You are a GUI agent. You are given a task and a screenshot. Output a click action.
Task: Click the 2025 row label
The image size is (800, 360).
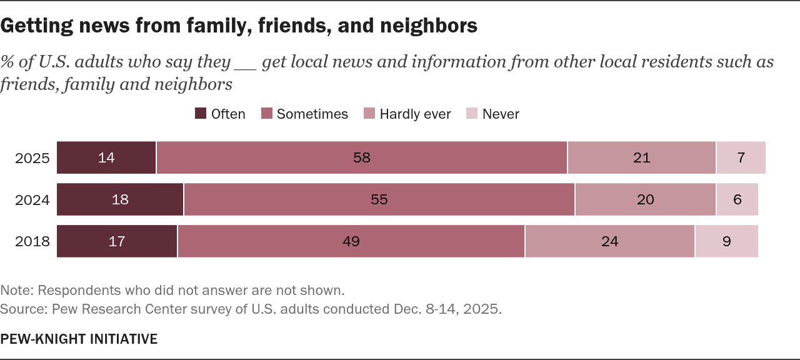click(32, 157)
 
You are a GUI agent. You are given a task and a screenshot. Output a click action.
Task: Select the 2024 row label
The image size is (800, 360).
click(32, 199)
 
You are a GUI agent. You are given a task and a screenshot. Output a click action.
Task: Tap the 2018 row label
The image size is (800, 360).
click(32, 241)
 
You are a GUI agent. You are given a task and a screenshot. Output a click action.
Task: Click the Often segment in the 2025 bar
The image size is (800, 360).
click(106, 157)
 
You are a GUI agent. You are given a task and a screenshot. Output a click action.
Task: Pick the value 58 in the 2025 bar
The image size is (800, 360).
click(362, 157)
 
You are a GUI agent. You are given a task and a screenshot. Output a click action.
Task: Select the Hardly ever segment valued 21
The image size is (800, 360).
click(642, 157)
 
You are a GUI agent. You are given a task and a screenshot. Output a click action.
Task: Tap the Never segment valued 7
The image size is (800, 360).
click(741, 157)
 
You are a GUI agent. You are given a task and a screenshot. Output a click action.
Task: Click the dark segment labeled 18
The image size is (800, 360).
click(120, 199)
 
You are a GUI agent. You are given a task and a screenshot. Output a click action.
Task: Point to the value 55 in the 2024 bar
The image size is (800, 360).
click(379, 199)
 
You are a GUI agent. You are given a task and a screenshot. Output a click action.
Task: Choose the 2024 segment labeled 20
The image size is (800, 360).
click(646, 199)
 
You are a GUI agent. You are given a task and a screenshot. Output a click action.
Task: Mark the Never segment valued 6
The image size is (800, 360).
click(737, 199)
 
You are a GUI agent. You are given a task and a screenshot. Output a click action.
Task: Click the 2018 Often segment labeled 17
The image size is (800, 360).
click(117, 241)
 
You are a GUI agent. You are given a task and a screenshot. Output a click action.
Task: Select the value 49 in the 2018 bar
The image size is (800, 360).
click(351, 241)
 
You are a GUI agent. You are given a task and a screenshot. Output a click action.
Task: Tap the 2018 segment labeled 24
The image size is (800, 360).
click(609, 241)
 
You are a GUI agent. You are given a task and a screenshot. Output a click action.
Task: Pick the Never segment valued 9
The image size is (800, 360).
click(727, 241)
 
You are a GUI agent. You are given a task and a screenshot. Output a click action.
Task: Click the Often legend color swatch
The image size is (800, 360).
click(201, 114)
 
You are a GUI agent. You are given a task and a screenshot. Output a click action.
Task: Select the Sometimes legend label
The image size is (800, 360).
click(312, 114)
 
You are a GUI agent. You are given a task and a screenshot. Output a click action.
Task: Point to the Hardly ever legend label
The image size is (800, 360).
click(415, 114)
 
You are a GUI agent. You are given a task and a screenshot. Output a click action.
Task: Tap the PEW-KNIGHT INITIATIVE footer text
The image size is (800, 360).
click(79, 339)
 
